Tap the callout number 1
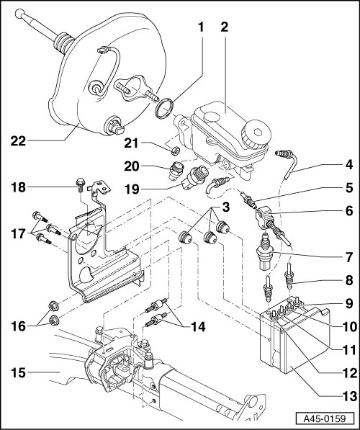point(202,27)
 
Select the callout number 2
point(225,27)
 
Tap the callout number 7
point(348,256)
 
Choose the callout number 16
point(19,326)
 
